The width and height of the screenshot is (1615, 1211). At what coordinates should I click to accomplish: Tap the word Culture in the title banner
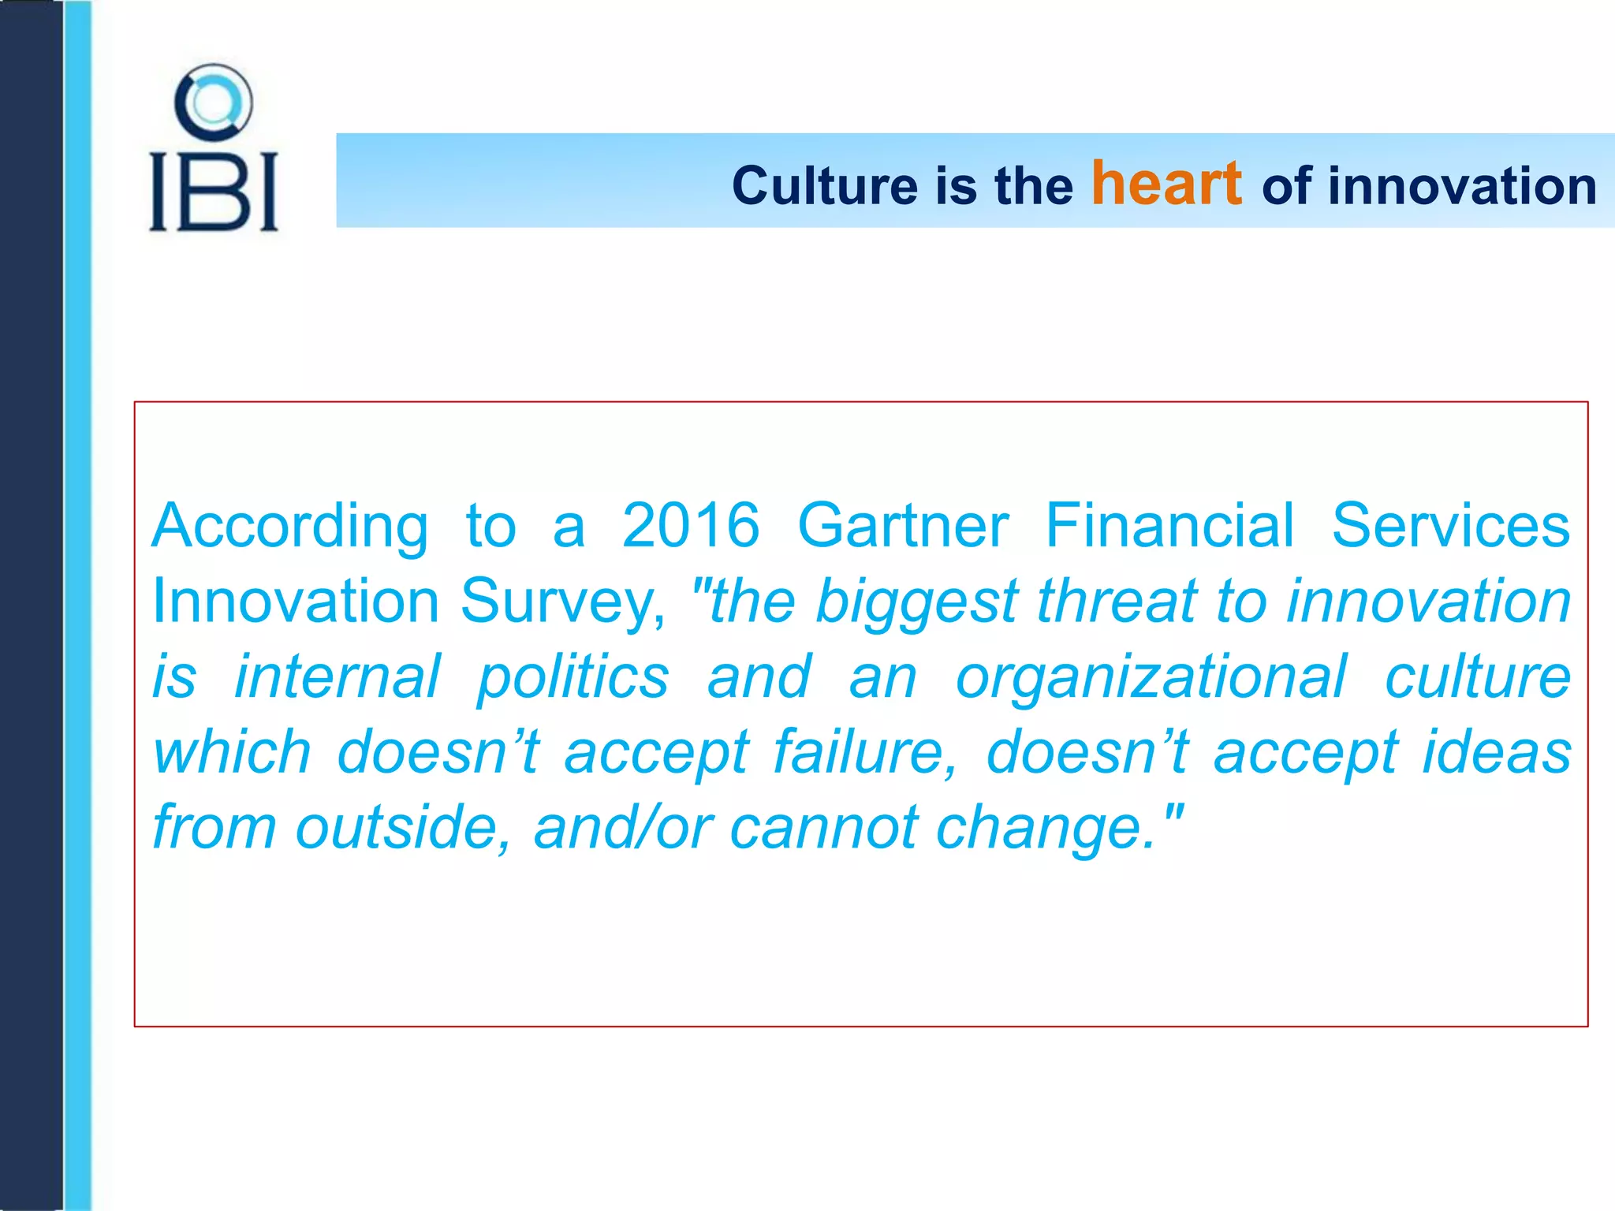pos(825,186)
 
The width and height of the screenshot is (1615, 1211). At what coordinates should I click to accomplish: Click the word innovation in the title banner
pos(1462,186)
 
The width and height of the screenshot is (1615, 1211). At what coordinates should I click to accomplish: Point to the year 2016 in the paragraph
pos(690,526)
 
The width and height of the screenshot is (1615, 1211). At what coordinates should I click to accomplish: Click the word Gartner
pos(902,526)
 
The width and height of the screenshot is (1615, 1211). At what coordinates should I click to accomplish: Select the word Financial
pos(1169,526)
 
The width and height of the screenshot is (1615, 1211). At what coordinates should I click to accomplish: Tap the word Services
pos(1450,526)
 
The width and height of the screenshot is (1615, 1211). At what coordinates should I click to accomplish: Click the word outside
pos(402,827)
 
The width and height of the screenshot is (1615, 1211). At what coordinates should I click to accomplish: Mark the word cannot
pos(823,828)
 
